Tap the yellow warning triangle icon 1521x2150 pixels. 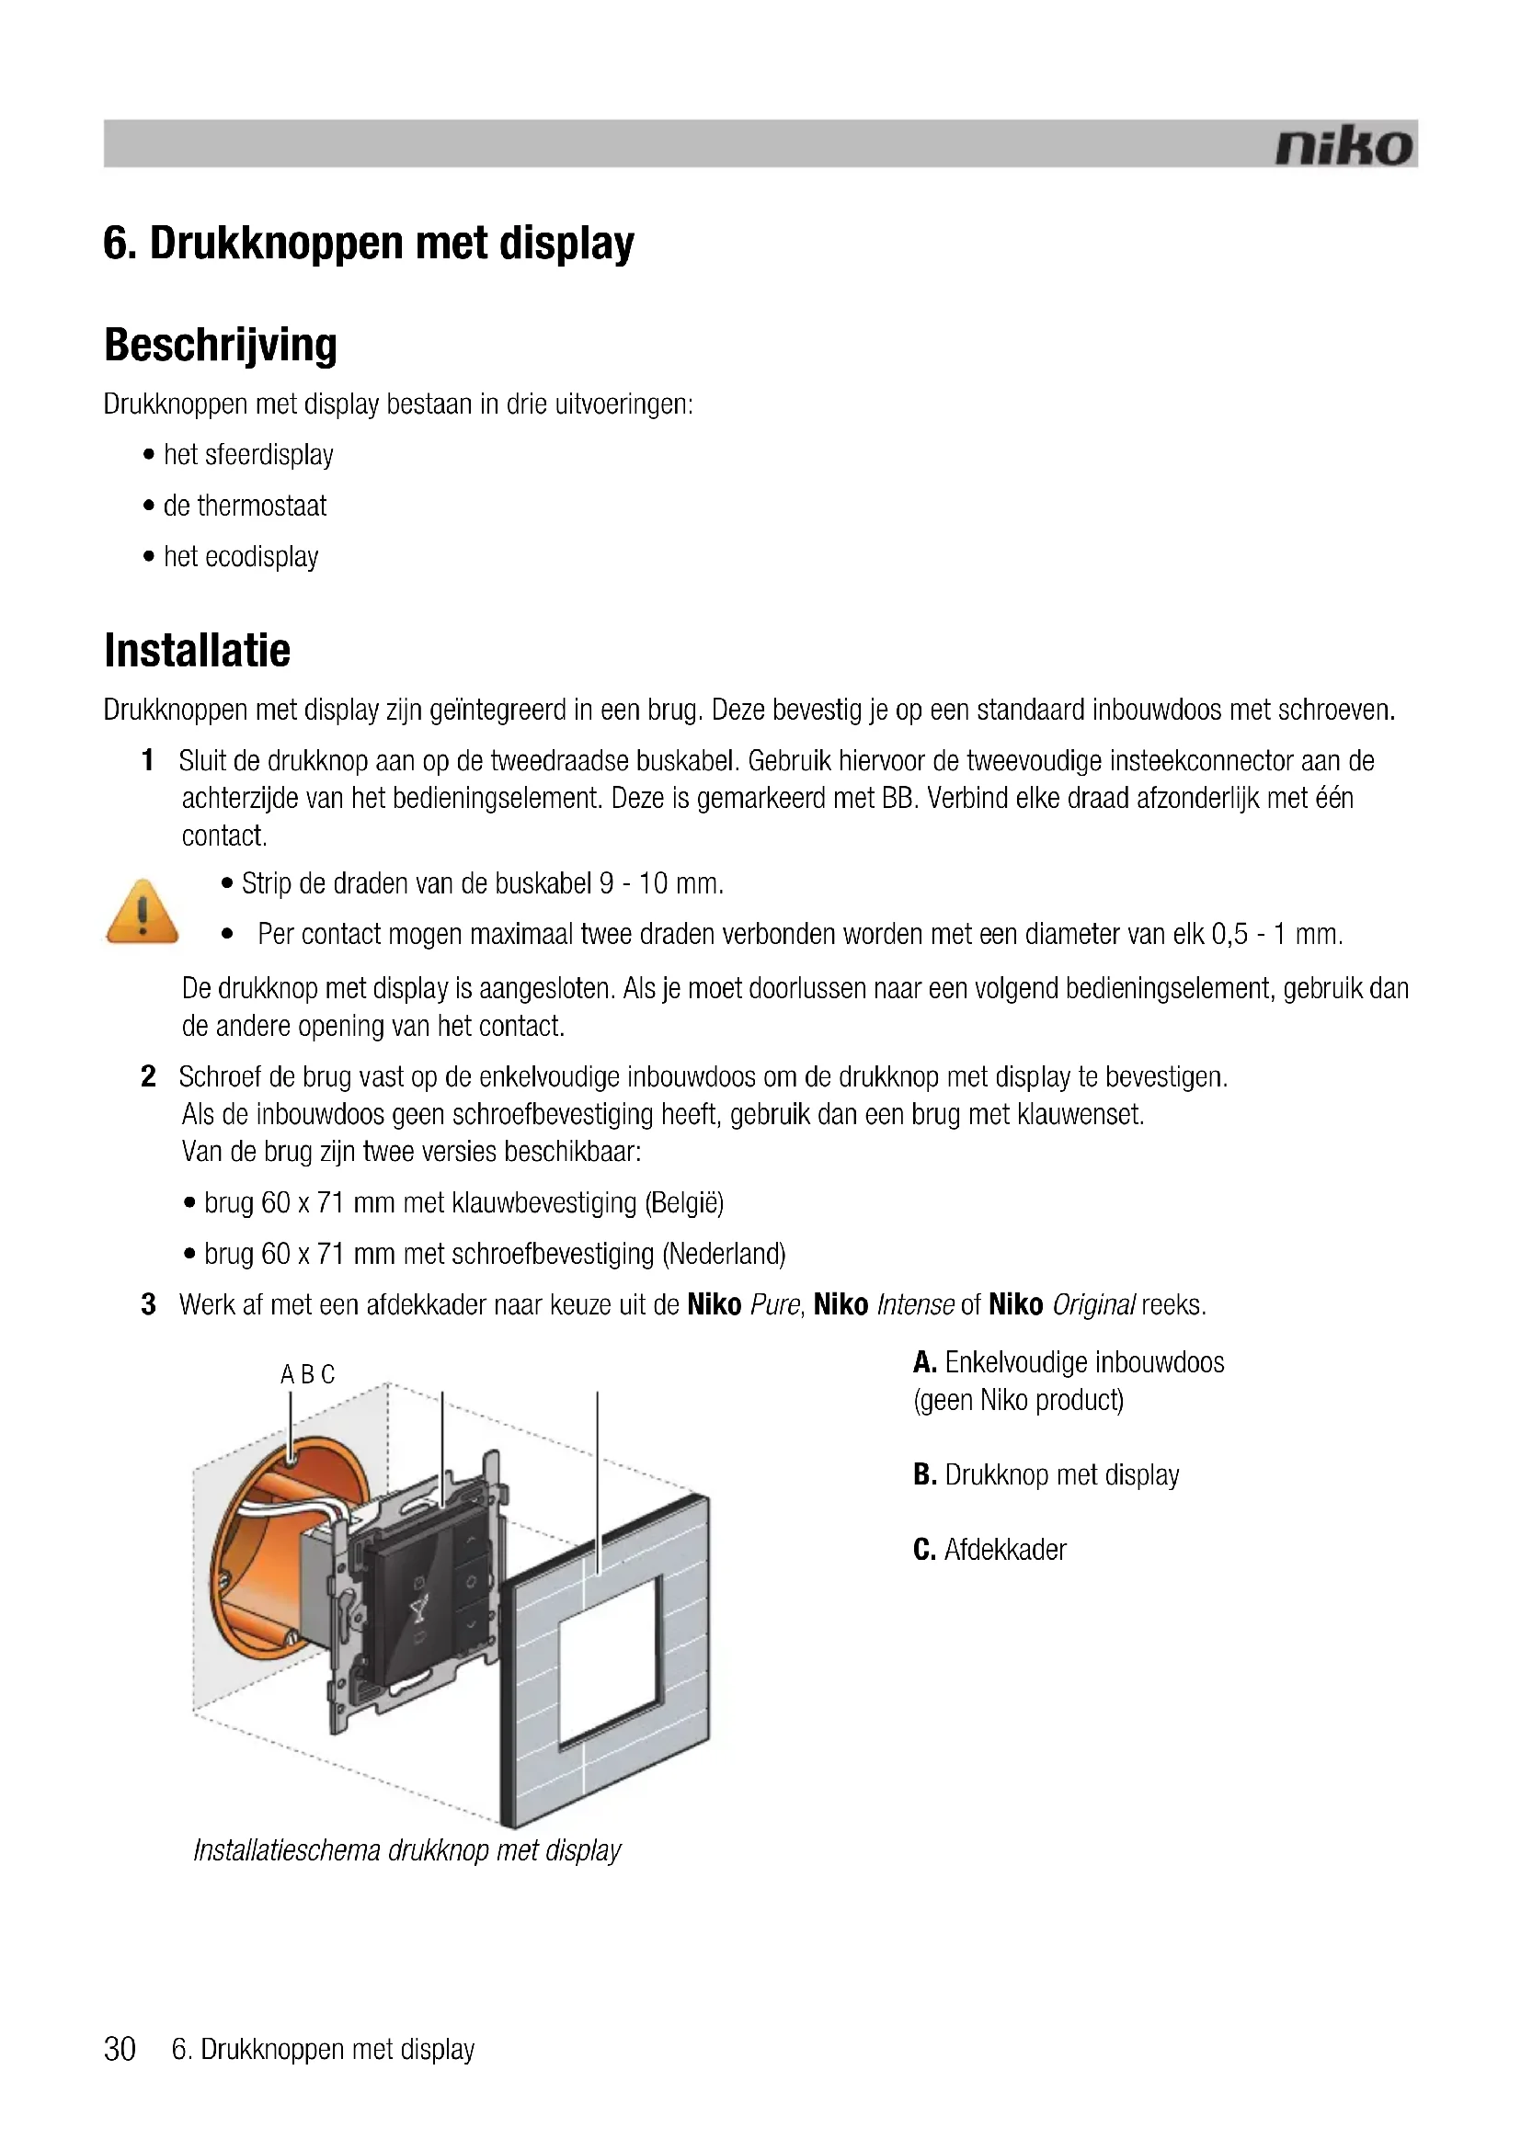[x=143, y=911]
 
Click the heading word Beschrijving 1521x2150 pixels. [x=220, y=345]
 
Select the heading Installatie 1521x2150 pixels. [x=198, y=651]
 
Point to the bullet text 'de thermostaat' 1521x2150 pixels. [x=245, y=506]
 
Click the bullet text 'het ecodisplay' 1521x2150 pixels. [x=241, y=557]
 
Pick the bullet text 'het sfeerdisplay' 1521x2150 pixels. [x=248, y=455]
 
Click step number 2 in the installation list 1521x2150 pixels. [x=148, y=1077]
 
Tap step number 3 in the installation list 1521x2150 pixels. [x=148, y=1304]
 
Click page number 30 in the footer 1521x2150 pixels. [x=120, y=2049]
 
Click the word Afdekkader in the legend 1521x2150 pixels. [x=1005, y=1550]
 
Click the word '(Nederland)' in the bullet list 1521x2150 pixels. [x=724, y=1254]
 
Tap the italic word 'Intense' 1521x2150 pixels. [x=915, y=1304]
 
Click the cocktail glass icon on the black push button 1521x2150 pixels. [x=418, y=1610]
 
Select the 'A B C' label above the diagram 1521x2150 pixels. [x=307, y=1374]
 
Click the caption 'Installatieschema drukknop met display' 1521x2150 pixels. [x=406, y=1850]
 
